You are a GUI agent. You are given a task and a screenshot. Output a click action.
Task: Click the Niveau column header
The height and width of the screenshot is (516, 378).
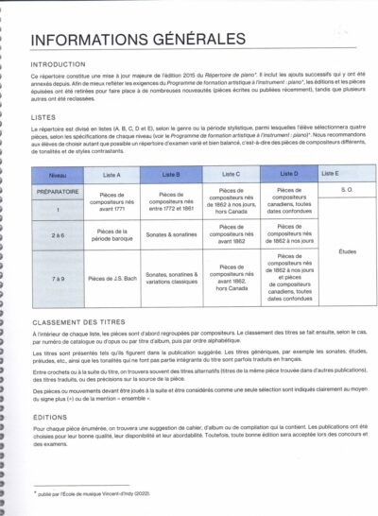tap(58, 175)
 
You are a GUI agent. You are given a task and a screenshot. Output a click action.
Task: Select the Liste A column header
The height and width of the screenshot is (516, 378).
tap(112, 175)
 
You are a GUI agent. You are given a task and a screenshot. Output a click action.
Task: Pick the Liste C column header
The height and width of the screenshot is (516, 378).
tap(231, 175)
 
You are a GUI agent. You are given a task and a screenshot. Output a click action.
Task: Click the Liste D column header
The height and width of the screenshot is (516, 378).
tap(289, 175)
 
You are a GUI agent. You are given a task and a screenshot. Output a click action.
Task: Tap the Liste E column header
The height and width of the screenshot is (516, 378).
tap(331, 175)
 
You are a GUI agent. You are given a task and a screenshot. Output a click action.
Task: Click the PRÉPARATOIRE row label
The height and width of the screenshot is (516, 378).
tap(58, 190)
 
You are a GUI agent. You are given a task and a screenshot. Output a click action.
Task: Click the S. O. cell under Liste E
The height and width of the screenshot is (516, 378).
tap(344, 190)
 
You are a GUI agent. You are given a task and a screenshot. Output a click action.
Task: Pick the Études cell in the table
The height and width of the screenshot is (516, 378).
tap(344, 251)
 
